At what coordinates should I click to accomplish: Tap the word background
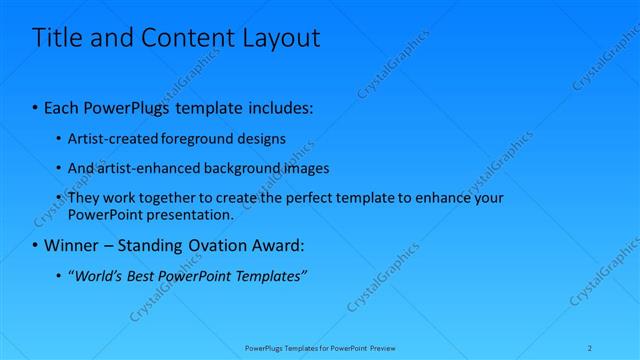click(x=248, y=168)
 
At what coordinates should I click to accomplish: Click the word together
click(x=173, y=198)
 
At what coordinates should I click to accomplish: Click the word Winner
click(x=71, y=245)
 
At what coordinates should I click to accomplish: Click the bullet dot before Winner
click(x=36, y=245)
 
